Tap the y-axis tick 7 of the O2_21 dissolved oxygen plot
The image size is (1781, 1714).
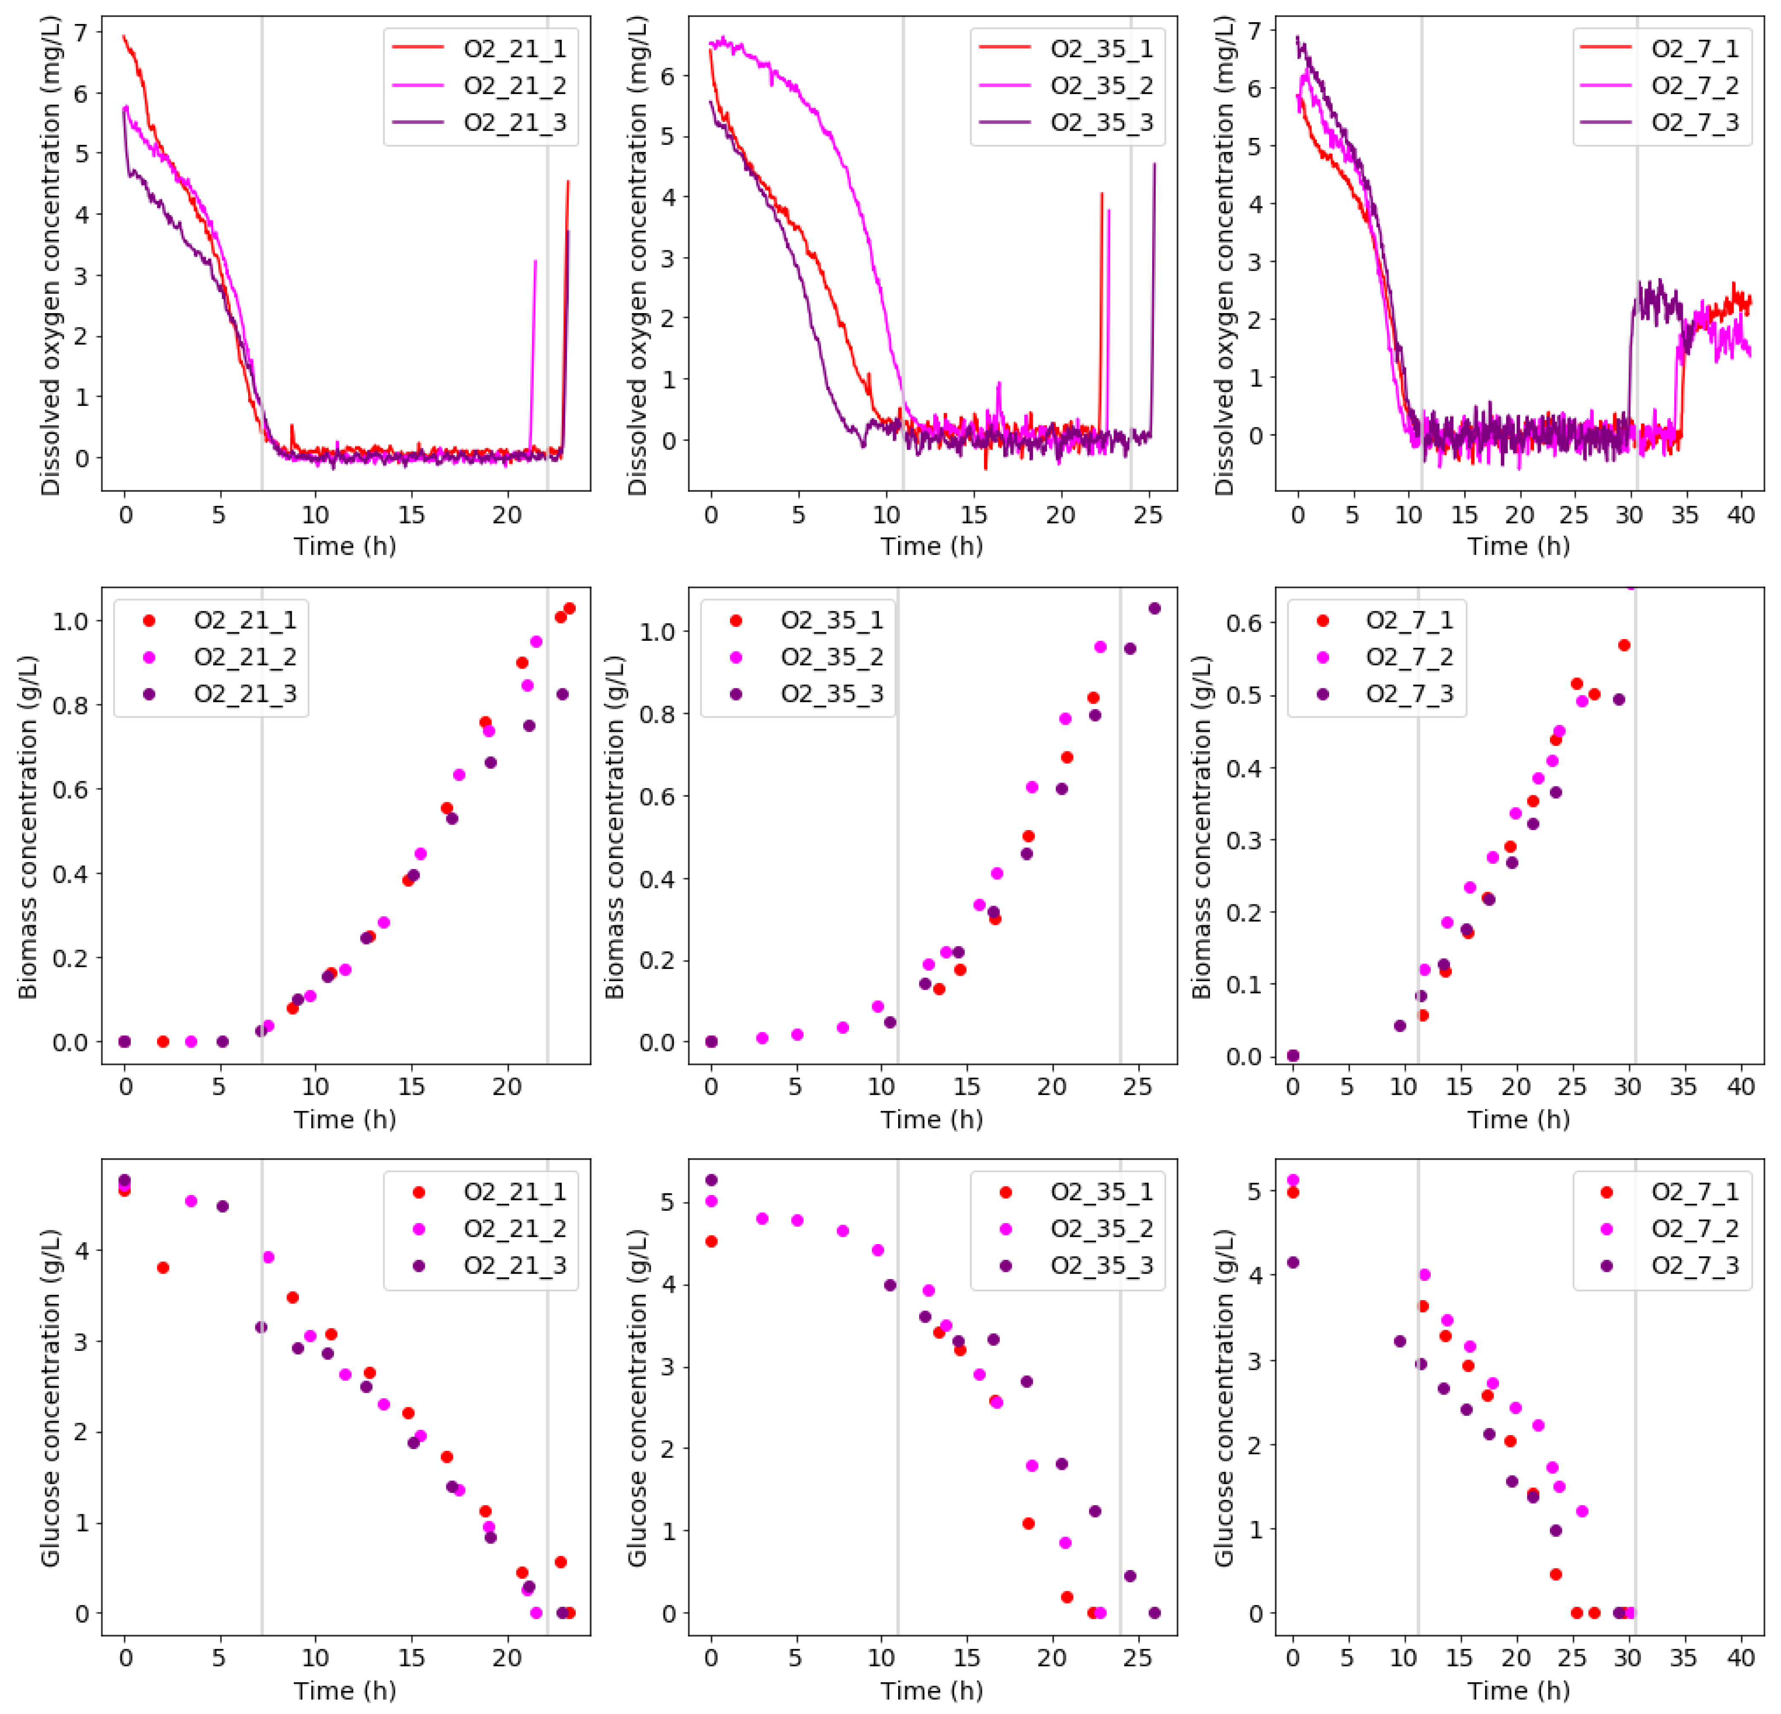(82, 33)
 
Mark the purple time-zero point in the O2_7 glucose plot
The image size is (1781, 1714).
(1293, 1262)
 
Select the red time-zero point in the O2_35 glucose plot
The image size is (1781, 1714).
(712, 1241)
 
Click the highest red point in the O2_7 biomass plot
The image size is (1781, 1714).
(1624, 645)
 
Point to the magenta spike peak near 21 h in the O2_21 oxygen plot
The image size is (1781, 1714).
(535, 262)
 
